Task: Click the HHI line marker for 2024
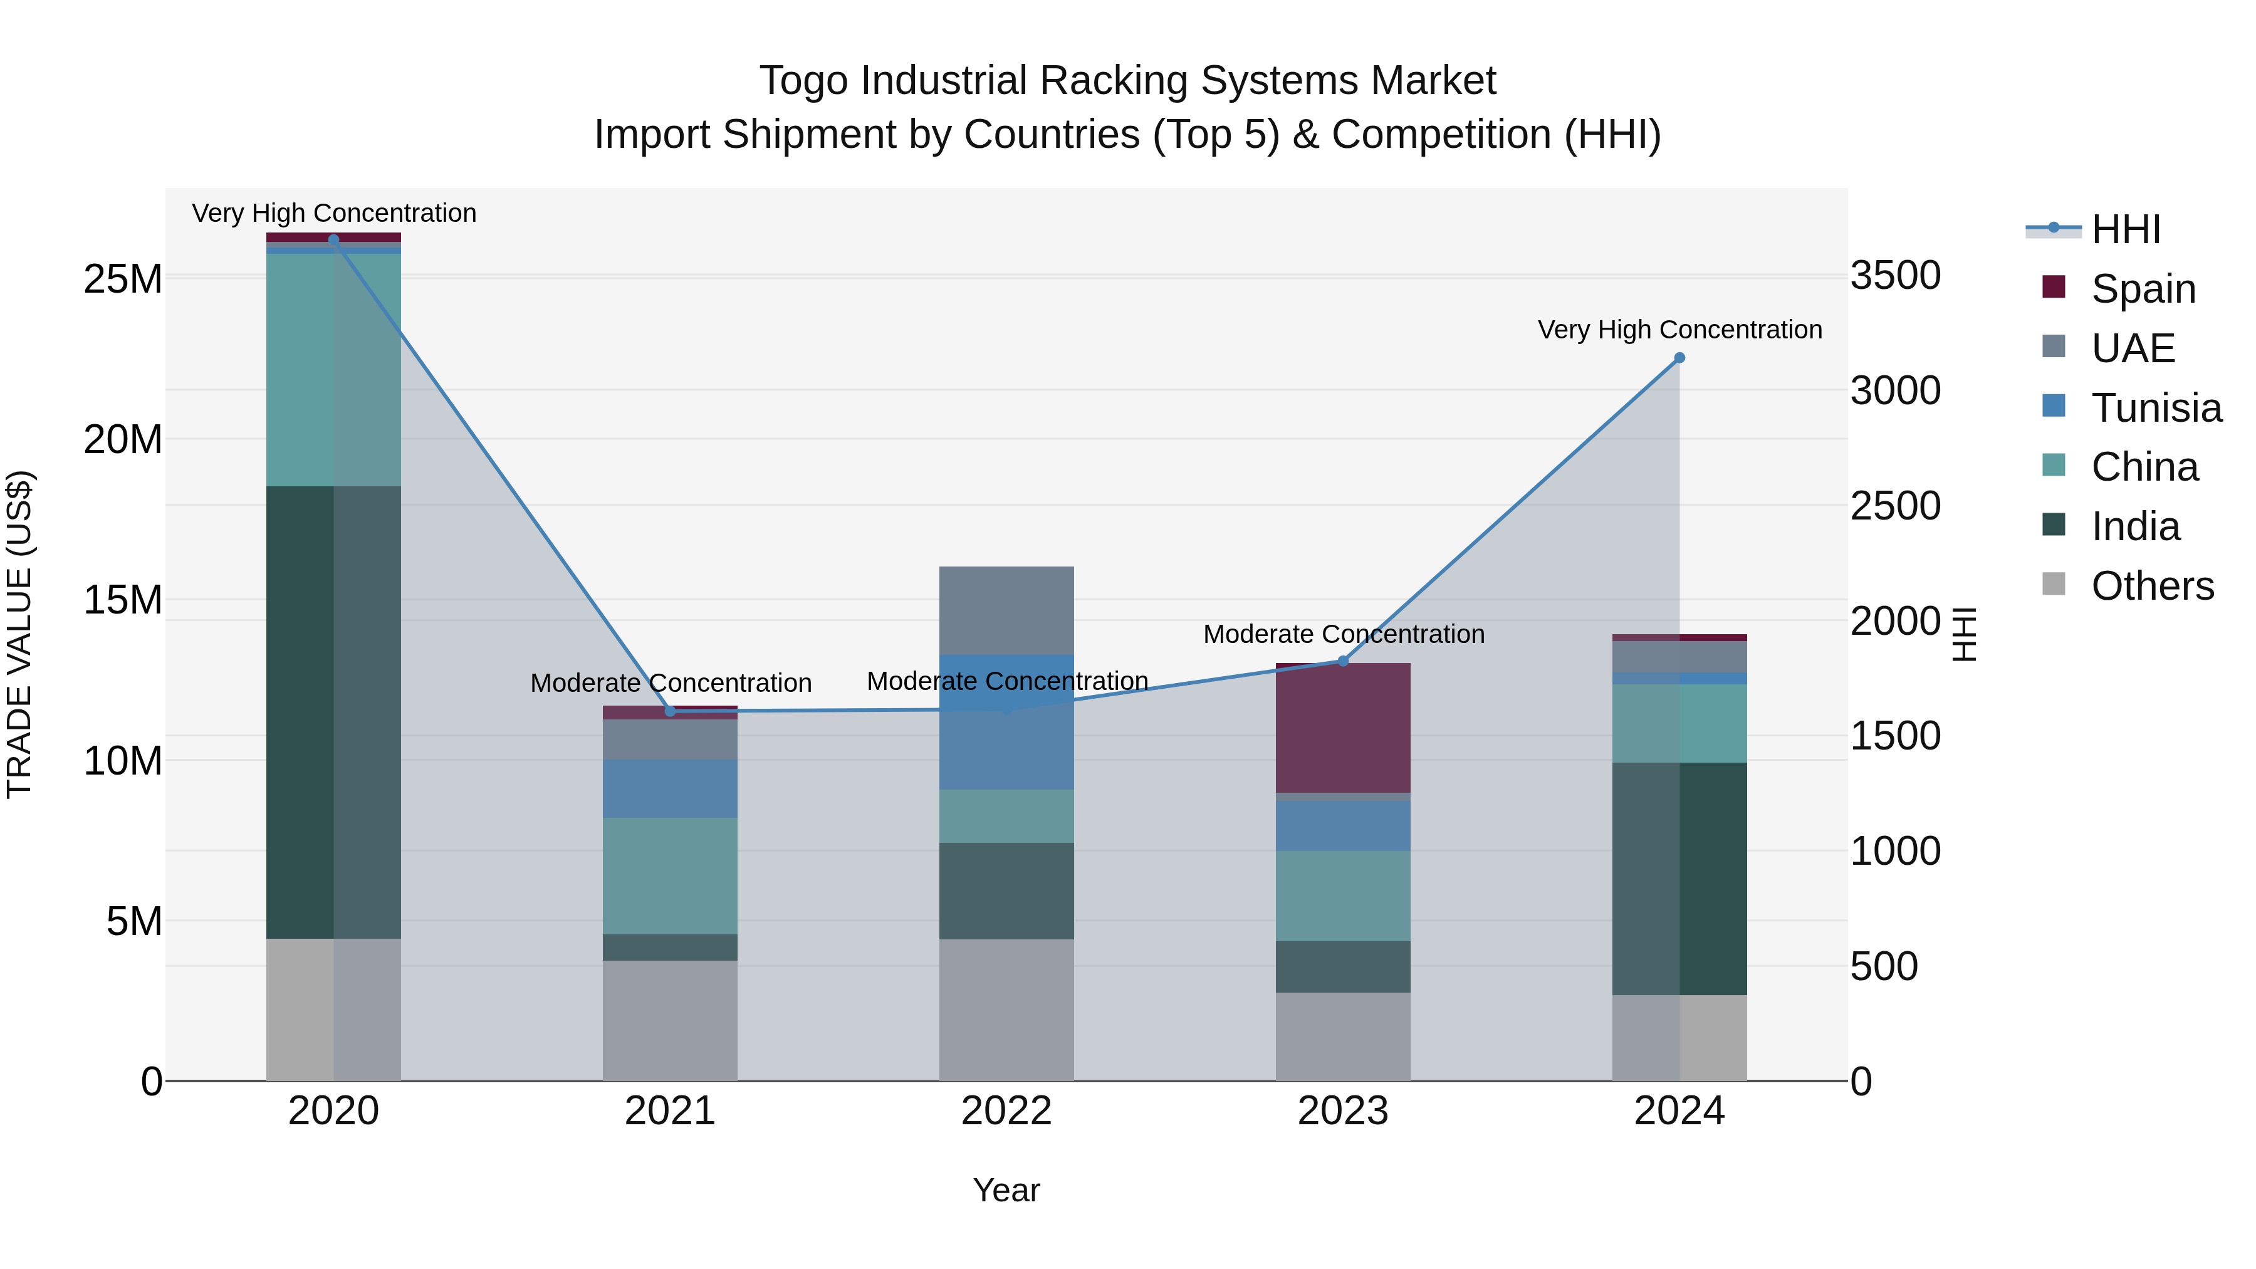pos(1679,357)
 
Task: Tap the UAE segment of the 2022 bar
pos(1006,610)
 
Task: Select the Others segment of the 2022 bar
pos(1006,1010)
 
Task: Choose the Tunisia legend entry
pos(2155,408)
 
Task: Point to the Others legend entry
pos(2152,586)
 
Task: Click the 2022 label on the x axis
pos(1006,1111)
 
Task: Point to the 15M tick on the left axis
pos(123,600)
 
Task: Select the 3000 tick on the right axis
pos(1895,390)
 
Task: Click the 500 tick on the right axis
pos(1884,966)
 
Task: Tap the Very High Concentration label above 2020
pos(333,213)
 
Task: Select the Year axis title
pos(1006,1190)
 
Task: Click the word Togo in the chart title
pos(803,81)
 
